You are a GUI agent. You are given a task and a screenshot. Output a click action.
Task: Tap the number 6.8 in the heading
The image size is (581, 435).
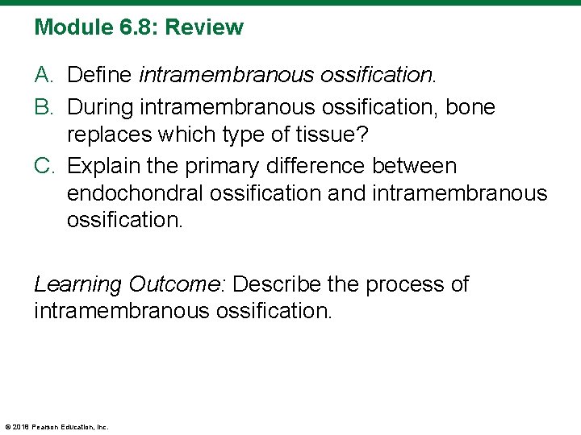coord(132,27)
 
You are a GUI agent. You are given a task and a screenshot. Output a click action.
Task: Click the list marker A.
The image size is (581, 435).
coord(44,76)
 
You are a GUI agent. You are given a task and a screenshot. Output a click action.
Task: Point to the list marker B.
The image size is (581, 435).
coord(44,106)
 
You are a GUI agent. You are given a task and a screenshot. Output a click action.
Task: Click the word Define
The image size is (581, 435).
coord(100,76)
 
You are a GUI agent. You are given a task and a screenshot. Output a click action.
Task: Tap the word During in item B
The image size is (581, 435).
coord(100,106)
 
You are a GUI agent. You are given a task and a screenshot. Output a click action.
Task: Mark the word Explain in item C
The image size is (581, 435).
coord(104,166)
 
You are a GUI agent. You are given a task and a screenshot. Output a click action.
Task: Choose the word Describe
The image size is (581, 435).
coord(276,284)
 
